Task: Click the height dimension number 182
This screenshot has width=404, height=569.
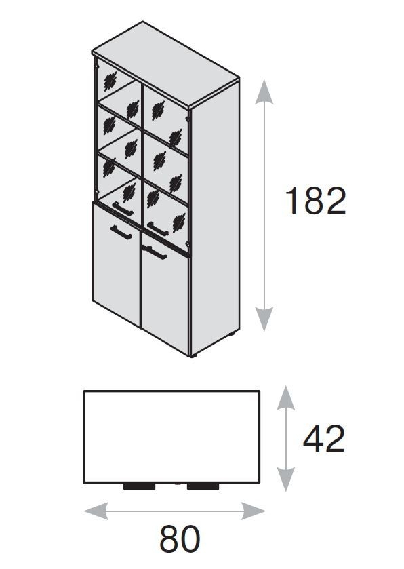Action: [x=315, y=201]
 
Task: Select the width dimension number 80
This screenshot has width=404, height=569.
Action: [x=180, y=539]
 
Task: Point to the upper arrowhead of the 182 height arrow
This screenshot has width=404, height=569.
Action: [x=264, y=92]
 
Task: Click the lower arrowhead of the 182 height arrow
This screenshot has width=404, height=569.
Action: [x=264, y=319]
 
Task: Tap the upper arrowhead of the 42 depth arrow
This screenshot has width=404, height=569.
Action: [x=286, y=397]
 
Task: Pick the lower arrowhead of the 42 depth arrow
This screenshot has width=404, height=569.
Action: [x=286, y=479]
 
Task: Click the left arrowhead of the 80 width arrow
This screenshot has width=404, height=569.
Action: [x=96, y=511]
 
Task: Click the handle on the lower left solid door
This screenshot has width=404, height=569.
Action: [x=121, y=232]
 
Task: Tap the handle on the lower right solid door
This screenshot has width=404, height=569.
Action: [x=155, y=252]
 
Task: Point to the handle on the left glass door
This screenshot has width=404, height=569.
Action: [x=123, y=209]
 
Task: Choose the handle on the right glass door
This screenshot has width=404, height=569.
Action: [x=158, y=229]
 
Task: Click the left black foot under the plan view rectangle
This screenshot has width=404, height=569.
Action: [x=139, y=486]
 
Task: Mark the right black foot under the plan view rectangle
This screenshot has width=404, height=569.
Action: [x=203, y=486]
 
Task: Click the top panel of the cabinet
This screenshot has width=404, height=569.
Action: [x=165, y=64]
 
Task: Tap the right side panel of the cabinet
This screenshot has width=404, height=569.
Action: [x=214, y=218]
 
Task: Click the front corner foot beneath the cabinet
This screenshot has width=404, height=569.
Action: [x=193, y=356]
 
